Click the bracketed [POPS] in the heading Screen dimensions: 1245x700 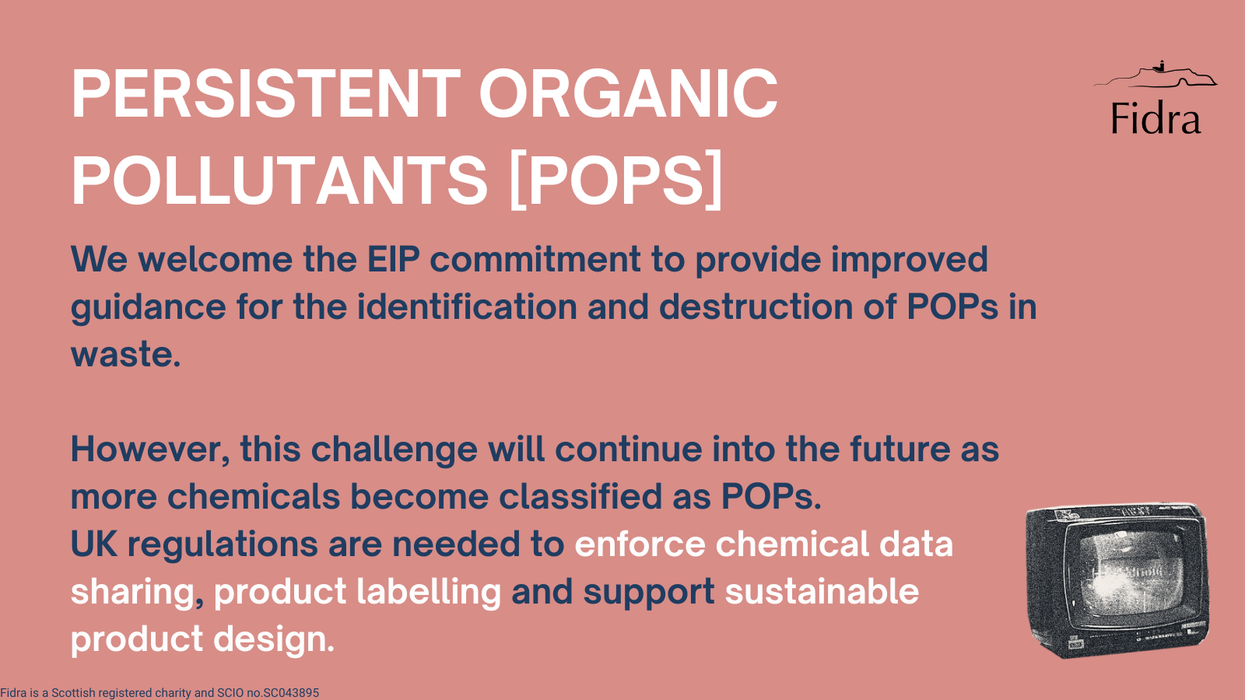click(615, 180)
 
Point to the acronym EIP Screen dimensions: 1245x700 click(393, 259)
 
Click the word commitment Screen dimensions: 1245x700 click(535, 259)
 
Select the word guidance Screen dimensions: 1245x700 click(149, 308)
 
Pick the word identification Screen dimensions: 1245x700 click(467, 306)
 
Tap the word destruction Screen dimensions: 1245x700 click(756, 306)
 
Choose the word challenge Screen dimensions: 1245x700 click(394, 450)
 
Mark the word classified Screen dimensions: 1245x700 click(580, 496)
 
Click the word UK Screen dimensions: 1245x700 click(94, 544)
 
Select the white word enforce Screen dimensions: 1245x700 click(640, 544)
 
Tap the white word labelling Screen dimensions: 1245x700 click(429, 592)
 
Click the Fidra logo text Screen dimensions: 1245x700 click(1156, 117)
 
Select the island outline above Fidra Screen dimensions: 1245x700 click(1155, 75)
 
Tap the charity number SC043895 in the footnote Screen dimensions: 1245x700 click(291, 693)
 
